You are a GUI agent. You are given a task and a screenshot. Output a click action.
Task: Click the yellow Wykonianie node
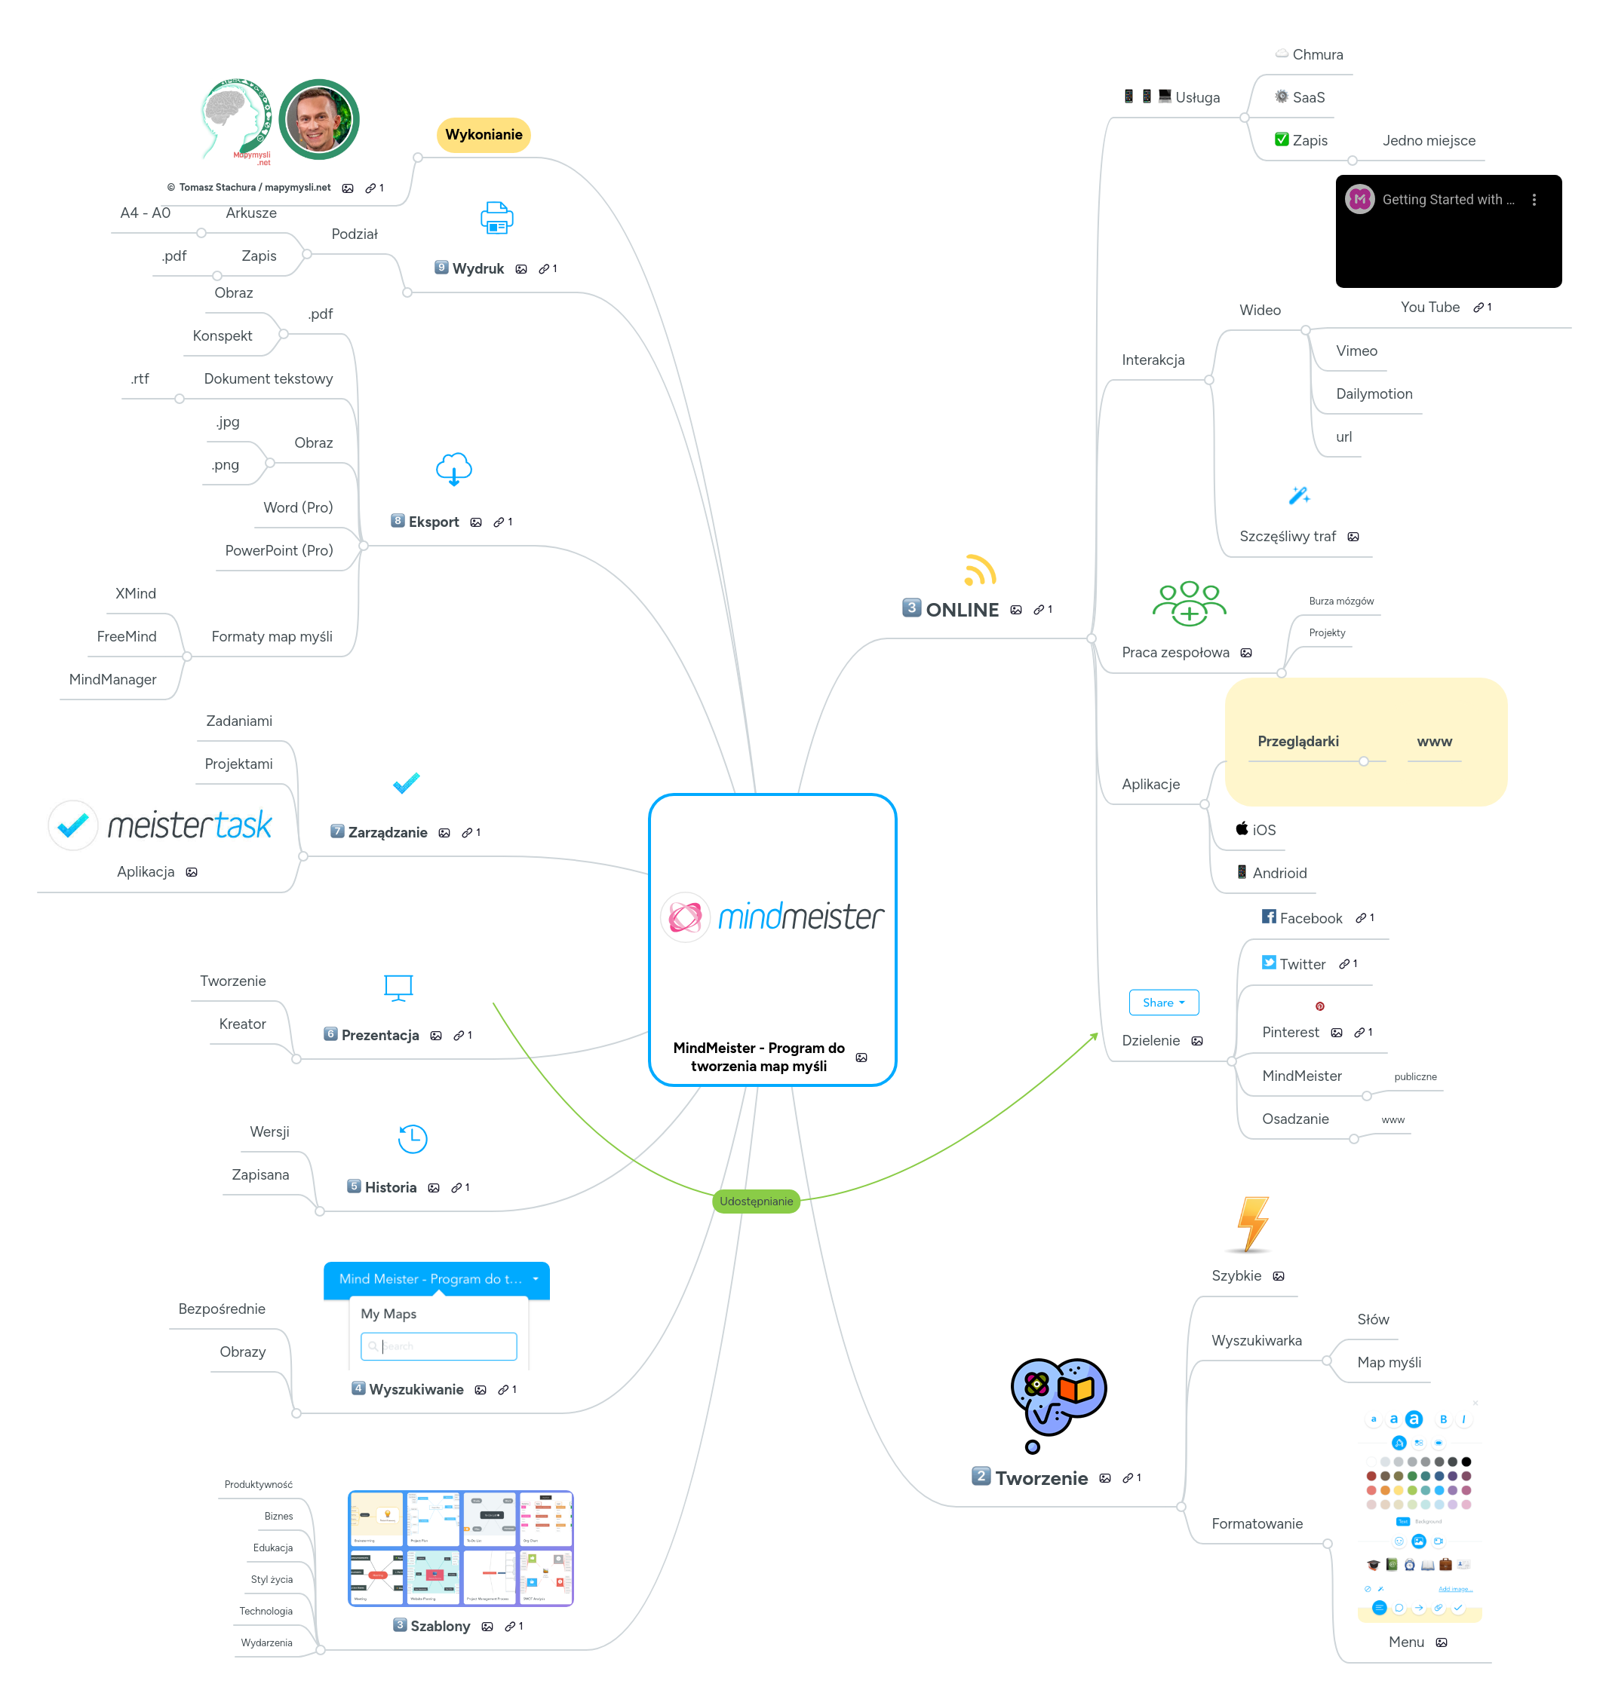[x=483, y=135]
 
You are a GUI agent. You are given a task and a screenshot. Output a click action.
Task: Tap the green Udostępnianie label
[x=755, y=1201]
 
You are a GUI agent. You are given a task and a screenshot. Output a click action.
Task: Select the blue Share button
[x=1162, y=1002]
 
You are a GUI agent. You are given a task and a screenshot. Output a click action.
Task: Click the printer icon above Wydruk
[x=496, y=218]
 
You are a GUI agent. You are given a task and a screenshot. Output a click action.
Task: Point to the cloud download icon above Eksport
[x=453, y=469]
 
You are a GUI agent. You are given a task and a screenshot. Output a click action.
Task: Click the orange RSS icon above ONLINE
[x=978, y=571]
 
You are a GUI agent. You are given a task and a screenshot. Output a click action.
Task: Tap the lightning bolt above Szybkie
[x=1252, y=1223]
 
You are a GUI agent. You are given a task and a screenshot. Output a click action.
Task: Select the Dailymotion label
[x=1373, y=393]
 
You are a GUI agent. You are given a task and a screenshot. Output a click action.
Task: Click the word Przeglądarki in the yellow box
[x=1297, y=742]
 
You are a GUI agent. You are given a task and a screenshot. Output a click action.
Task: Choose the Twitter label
[x=1302, y=964]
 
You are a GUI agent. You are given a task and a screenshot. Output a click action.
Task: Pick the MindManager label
[x=112, y=679]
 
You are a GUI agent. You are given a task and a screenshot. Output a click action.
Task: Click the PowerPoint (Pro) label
[x=279, y=550]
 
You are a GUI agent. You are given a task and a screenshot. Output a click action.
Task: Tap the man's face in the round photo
[x=318, y=119]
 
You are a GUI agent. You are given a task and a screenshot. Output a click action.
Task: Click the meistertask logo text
[x=189, y=825]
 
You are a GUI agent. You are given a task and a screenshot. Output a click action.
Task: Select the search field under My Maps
[x=439, y=1345]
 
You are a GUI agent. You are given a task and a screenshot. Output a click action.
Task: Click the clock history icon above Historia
[x=412, y=1138]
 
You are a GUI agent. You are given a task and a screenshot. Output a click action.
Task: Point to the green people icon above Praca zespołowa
[x=1189, y=602]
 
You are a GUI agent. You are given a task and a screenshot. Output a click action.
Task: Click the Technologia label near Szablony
[x=266, y=1611]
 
